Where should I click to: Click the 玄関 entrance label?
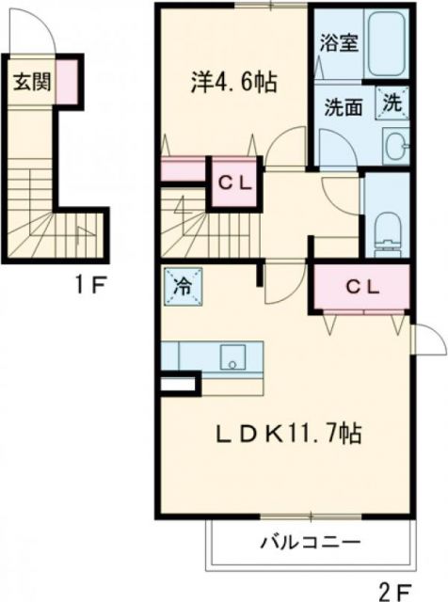point(30,82)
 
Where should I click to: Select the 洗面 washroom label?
point(344,106)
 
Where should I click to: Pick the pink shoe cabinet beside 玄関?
point(68,81)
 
